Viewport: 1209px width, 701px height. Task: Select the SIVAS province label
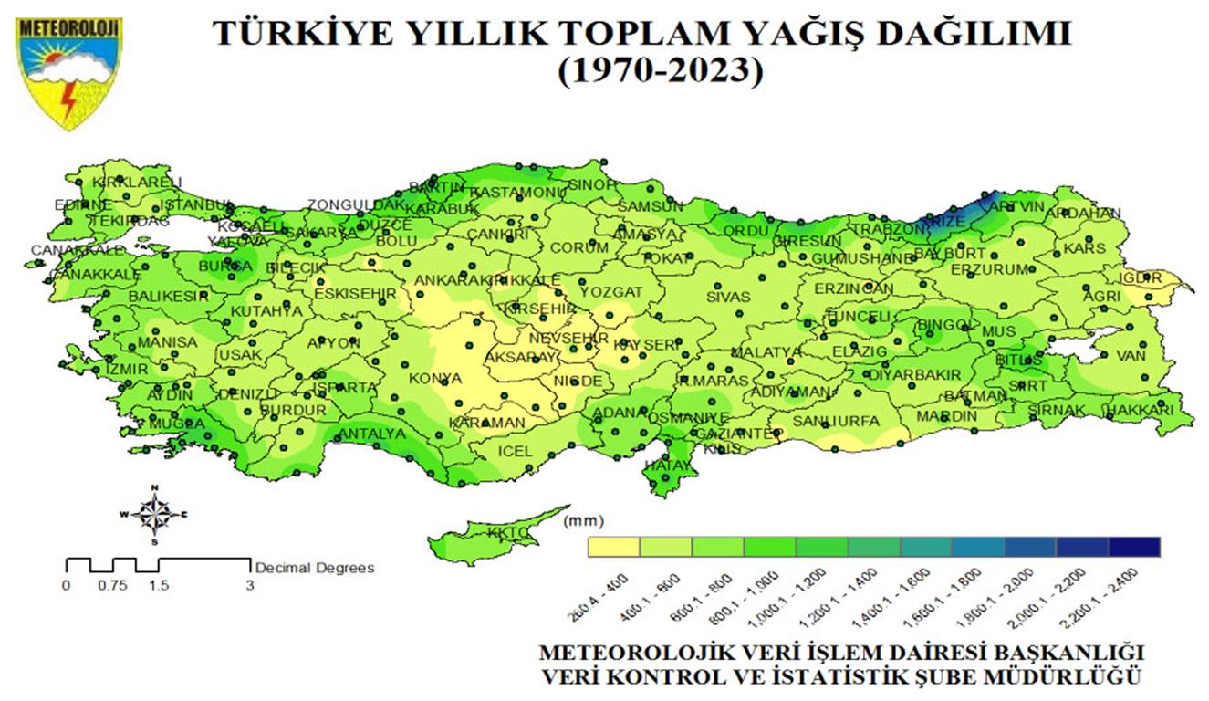pos(728,297)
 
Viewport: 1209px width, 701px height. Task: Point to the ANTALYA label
pos(371,434)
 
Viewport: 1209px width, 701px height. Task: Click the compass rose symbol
pos(157,514)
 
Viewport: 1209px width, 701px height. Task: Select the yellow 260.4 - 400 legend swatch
pos(614,547)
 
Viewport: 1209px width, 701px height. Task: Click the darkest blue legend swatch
pos(1134,547)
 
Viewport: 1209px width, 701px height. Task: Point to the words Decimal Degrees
pos(315,568)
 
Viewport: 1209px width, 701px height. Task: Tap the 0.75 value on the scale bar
pos(112,586)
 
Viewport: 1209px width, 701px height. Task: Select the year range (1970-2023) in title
pos(660,71)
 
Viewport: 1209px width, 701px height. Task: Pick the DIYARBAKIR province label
pos(913,374)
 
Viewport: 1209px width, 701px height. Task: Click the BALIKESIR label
pos(168,297)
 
